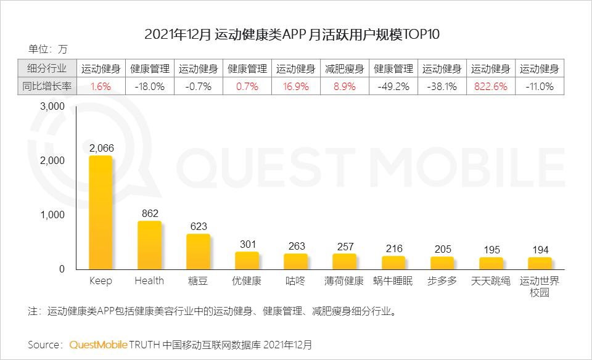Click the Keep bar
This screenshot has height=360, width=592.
coord(101,212)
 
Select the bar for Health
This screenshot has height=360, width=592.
coord(149,245)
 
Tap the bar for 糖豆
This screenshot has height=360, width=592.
coord(198,252)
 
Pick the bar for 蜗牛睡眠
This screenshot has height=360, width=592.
coord(393,263)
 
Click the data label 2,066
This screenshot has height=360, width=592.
coord(101,147)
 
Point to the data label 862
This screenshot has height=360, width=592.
coord(149,213)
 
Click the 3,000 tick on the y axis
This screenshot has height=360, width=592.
coord(52,106)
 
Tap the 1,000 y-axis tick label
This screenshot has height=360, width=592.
coord(52,215)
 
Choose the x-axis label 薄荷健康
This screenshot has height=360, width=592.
coord(344,281)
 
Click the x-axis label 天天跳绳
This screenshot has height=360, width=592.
coord(491,281)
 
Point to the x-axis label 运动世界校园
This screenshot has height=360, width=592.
coord(540,287)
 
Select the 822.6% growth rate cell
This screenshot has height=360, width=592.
coord(491,87)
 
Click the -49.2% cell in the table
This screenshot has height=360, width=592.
coord(393,87)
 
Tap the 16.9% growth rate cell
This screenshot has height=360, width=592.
coord(295,87)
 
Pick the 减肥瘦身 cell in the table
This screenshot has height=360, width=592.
coord(344,69)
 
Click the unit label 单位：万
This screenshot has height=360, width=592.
coord(47,49)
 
